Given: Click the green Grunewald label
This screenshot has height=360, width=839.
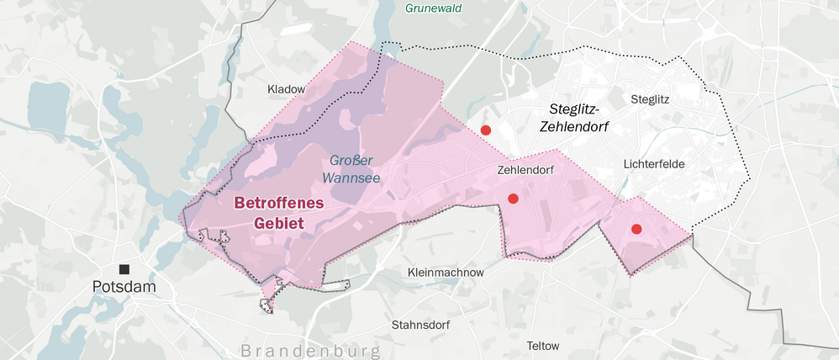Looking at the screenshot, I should point(433,8).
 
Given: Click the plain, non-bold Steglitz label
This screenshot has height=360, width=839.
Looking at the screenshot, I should point(650,98).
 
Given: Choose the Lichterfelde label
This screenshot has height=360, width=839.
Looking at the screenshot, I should point(659,164).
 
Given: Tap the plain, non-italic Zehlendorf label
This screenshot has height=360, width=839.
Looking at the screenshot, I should point(526,170).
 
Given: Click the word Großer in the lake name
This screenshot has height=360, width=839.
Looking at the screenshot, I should point(351,160).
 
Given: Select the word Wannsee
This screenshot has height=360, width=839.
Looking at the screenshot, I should point(351,177).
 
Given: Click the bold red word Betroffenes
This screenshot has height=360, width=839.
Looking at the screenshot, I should point(277,204).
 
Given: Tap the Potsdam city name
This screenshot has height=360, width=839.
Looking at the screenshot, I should point(124,288).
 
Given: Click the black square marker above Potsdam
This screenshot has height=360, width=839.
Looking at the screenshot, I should point(124,269).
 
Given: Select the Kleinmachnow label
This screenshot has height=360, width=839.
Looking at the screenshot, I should point(445,273).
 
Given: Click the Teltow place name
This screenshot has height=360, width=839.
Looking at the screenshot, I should point(542,346).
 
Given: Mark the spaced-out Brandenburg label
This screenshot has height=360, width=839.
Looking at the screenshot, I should point(310,350).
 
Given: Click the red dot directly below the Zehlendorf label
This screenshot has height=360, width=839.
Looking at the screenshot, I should point(513,199).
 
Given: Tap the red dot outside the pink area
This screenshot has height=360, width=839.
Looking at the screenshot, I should point(485,130).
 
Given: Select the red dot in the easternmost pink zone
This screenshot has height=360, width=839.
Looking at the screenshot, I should point(636,229).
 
